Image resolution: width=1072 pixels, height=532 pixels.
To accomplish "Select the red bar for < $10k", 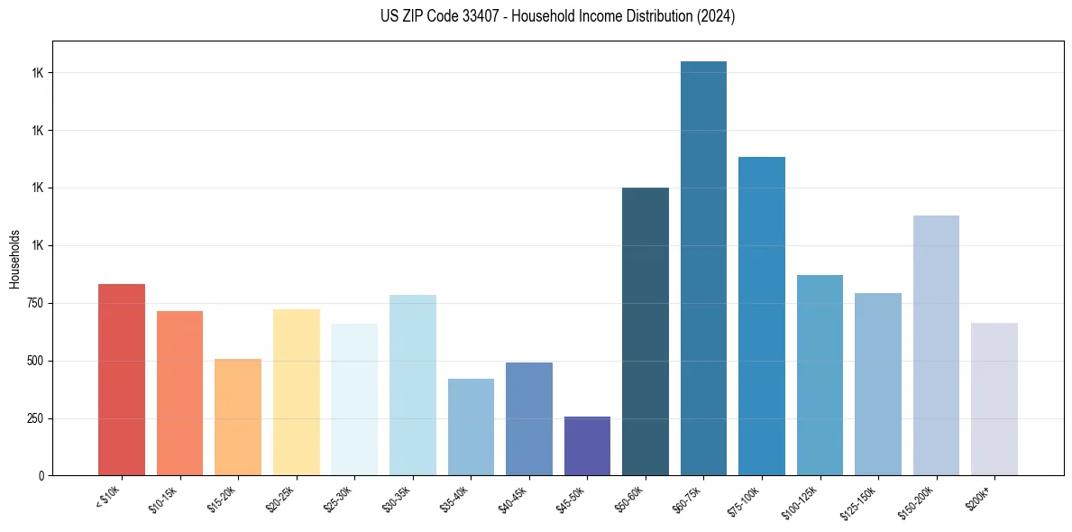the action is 122,380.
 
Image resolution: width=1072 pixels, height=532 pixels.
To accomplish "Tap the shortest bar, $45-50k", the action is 587,445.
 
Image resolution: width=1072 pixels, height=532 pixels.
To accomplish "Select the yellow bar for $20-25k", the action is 296,392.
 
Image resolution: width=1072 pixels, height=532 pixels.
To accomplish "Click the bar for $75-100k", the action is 762,316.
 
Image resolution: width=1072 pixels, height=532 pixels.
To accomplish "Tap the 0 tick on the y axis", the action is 41,475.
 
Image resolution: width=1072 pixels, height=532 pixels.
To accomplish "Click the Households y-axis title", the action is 14,258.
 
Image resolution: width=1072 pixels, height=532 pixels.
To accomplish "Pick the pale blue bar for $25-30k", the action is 354,399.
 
